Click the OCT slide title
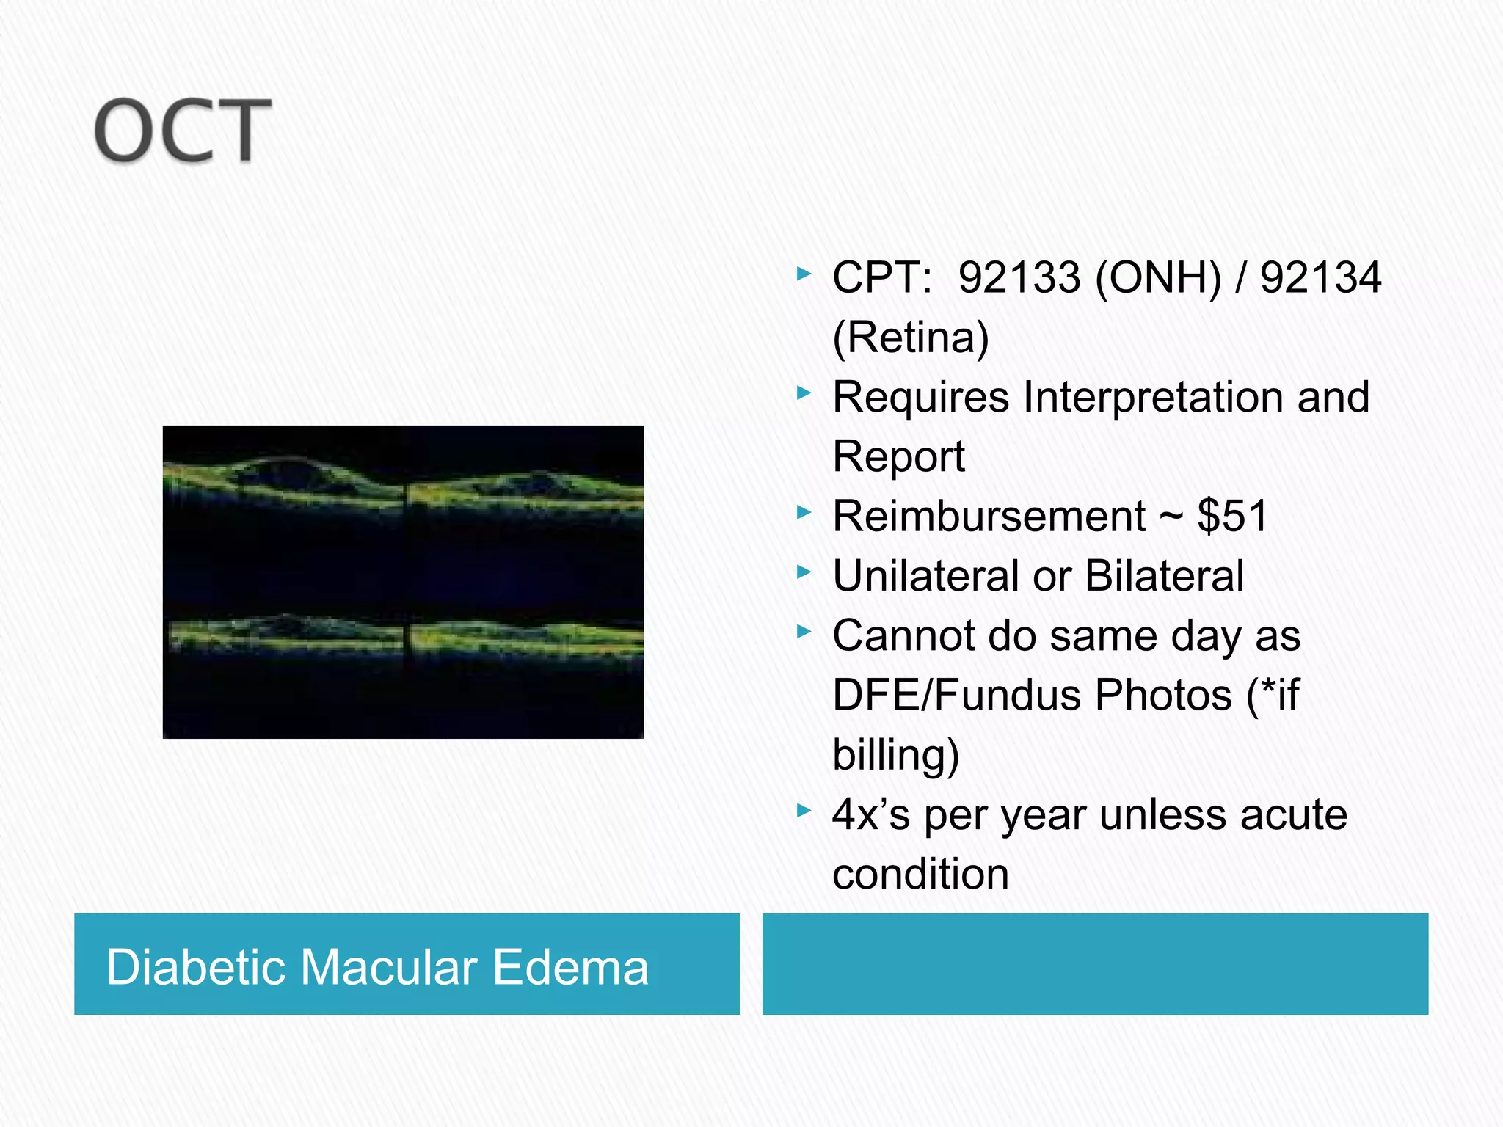183,131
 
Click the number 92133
1019,277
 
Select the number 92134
1320,277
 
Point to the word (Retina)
911,338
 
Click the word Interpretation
1153,397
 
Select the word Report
899,456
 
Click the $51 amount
1232,516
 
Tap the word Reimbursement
989,516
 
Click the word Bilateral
1164,576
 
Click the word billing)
895,754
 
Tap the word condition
920,874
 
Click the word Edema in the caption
570,966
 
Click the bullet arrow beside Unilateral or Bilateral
804,572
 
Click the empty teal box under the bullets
1095,964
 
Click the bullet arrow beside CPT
804,274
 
